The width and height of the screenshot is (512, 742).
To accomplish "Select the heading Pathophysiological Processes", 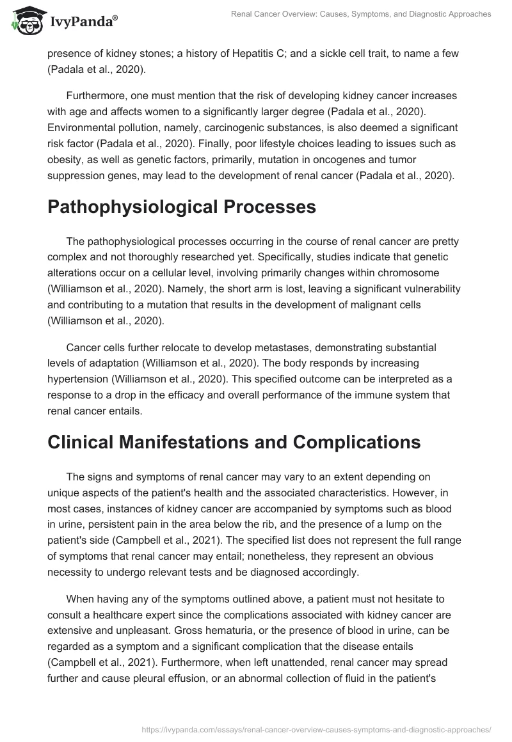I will click(182, 207).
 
